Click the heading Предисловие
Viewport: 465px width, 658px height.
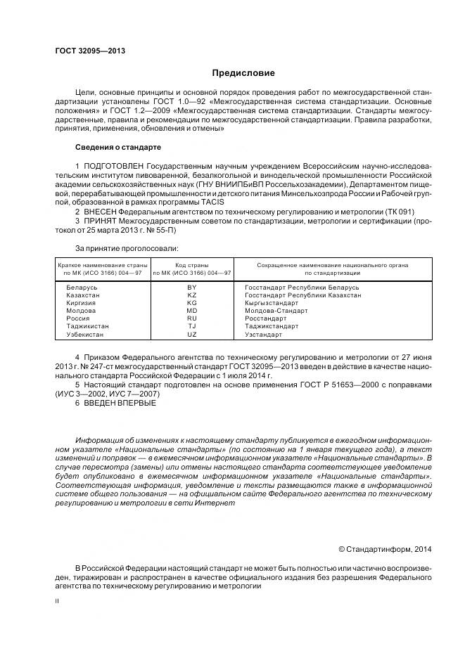(x=243, y=73)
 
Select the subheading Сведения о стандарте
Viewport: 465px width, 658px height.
(x=117, y=148)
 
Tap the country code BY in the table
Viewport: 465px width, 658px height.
(x=192, y=288)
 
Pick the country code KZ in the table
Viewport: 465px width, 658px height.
(x=192, y=295)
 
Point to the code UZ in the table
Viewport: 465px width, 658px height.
(x=192, y=335)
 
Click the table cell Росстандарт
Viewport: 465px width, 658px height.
(x=266, y=318)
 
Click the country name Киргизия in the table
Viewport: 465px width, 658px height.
(x=82, y=303)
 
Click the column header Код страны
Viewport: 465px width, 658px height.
(x=192, y=265)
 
